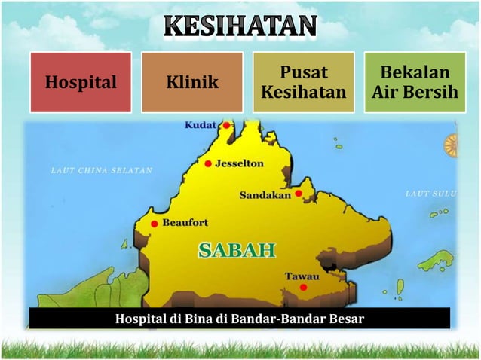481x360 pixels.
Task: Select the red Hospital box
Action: click(81, 82)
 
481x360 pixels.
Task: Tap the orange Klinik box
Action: click(192, 82)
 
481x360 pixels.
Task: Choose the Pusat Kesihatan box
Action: click(303, 82)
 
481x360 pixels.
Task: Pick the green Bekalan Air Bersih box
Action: click(415, 82)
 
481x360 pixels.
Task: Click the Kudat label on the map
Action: click(201, 125)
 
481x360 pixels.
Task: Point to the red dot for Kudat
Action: click(226, 126)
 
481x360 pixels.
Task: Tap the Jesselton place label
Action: click(239, 163)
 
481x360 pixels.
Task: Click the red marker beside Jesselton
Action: click(208, 163)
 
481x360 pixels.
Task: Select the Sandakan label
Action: click(265, 195)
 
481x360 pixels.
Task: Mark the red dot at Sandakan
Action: click(299, 194)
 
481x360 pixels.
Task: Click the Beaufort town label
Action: click(185, 223)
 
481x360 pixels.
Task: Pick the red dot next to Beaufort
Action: click(155, 224)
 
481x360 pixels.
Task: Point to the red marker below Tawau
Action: click(303, 287)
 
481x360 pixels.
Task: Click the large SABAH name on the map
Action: click(237, 250)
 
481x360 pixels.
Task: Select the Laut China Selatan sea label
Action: click(101, 170)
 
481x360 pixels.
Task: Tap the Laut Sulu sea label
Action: click(430, 194)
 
